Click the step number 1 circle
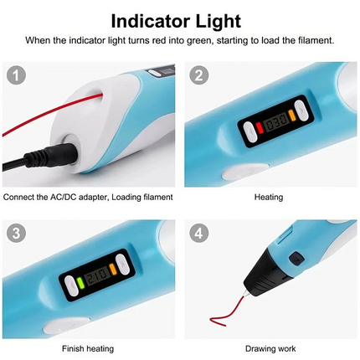click(16, 75)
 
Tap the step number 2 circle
click(198, 75)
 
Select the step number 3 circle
click(16, 233)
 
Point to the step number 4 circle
click(198, 233)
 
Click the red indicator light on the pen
click(260, 128)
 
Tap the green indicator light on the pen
click(81, 283)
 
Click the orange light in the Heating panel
click(292, 115)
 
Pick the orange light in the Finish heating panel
click(113, 268)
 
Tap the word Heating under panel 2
click(269, 198)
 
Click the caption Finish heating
click(88, 349)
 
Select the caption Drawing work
click(270, 349)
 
